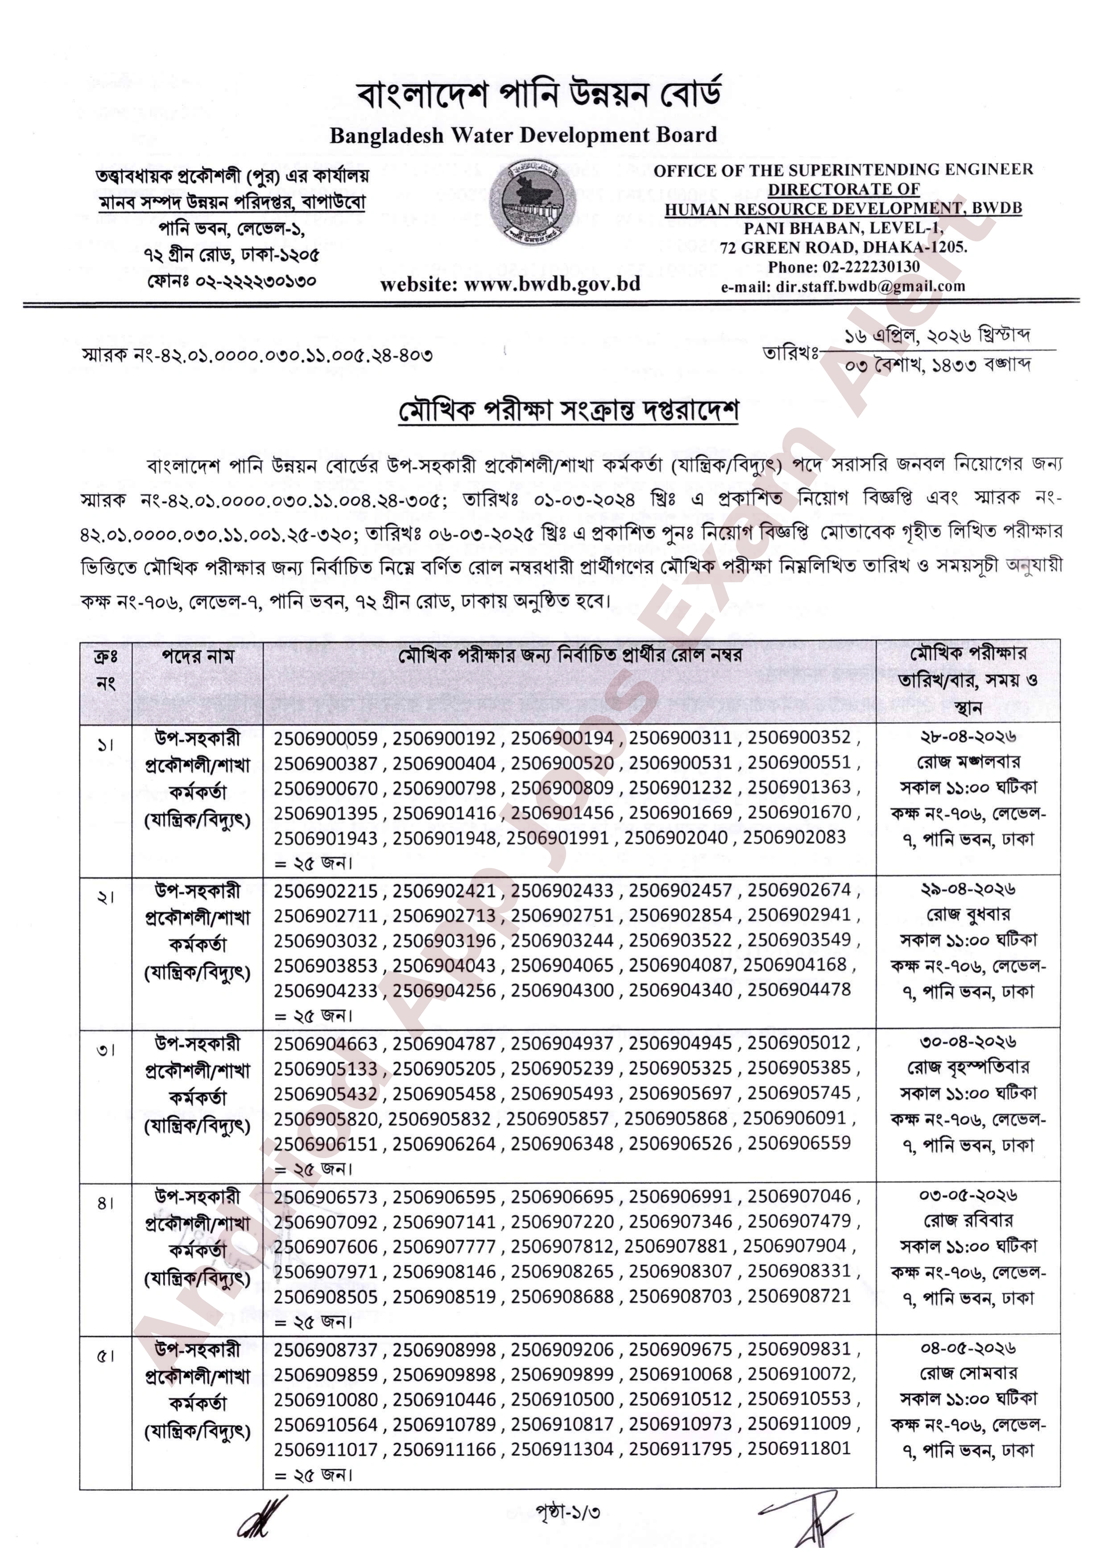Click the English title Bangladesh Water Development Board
(523, 135)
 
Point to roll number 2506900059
(326, 738)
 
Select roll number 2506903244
(562, 940)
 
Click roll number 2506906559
(799, 1143)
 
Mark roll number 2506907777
(444, 1246)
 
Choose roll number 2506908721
(799, 1296)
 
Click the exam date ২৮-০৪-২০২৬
(968, 736)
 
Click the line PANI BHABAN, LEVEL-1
(843, 228)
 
